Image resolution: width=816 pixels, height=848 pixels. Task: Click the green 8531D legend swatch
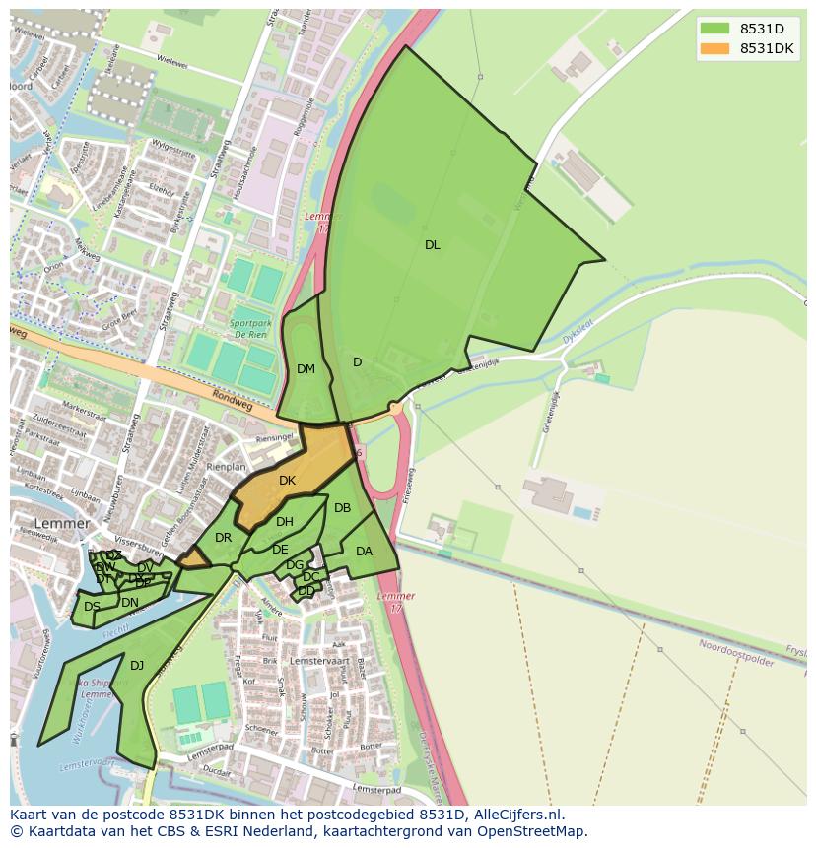714,29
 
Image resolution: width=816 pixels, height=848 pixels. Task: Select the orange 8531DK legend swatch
714,48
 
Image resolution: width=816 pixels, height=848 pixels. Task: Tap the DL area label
432,245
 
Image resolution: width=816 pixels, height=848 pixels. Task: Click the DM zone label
306,369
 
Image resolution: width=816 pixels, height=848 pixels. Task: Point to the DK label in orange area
287,481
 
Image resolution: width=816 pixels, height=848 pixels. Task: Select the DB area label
342,508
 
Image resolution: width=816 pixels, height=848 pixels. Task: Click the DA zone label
364,552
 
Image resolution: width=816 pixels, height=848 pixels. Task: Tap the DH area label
285,522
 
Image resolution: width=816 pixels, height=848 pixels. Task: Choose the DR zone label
223,538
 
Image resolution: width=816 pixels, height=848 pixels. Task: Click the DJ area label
137,666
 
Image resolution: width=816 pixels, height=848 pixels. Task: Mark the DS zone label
92,607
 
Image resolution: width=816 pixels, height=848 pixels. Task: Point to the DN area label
129,603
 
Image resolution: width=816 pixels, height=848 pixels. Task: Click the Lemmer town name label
60,523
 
